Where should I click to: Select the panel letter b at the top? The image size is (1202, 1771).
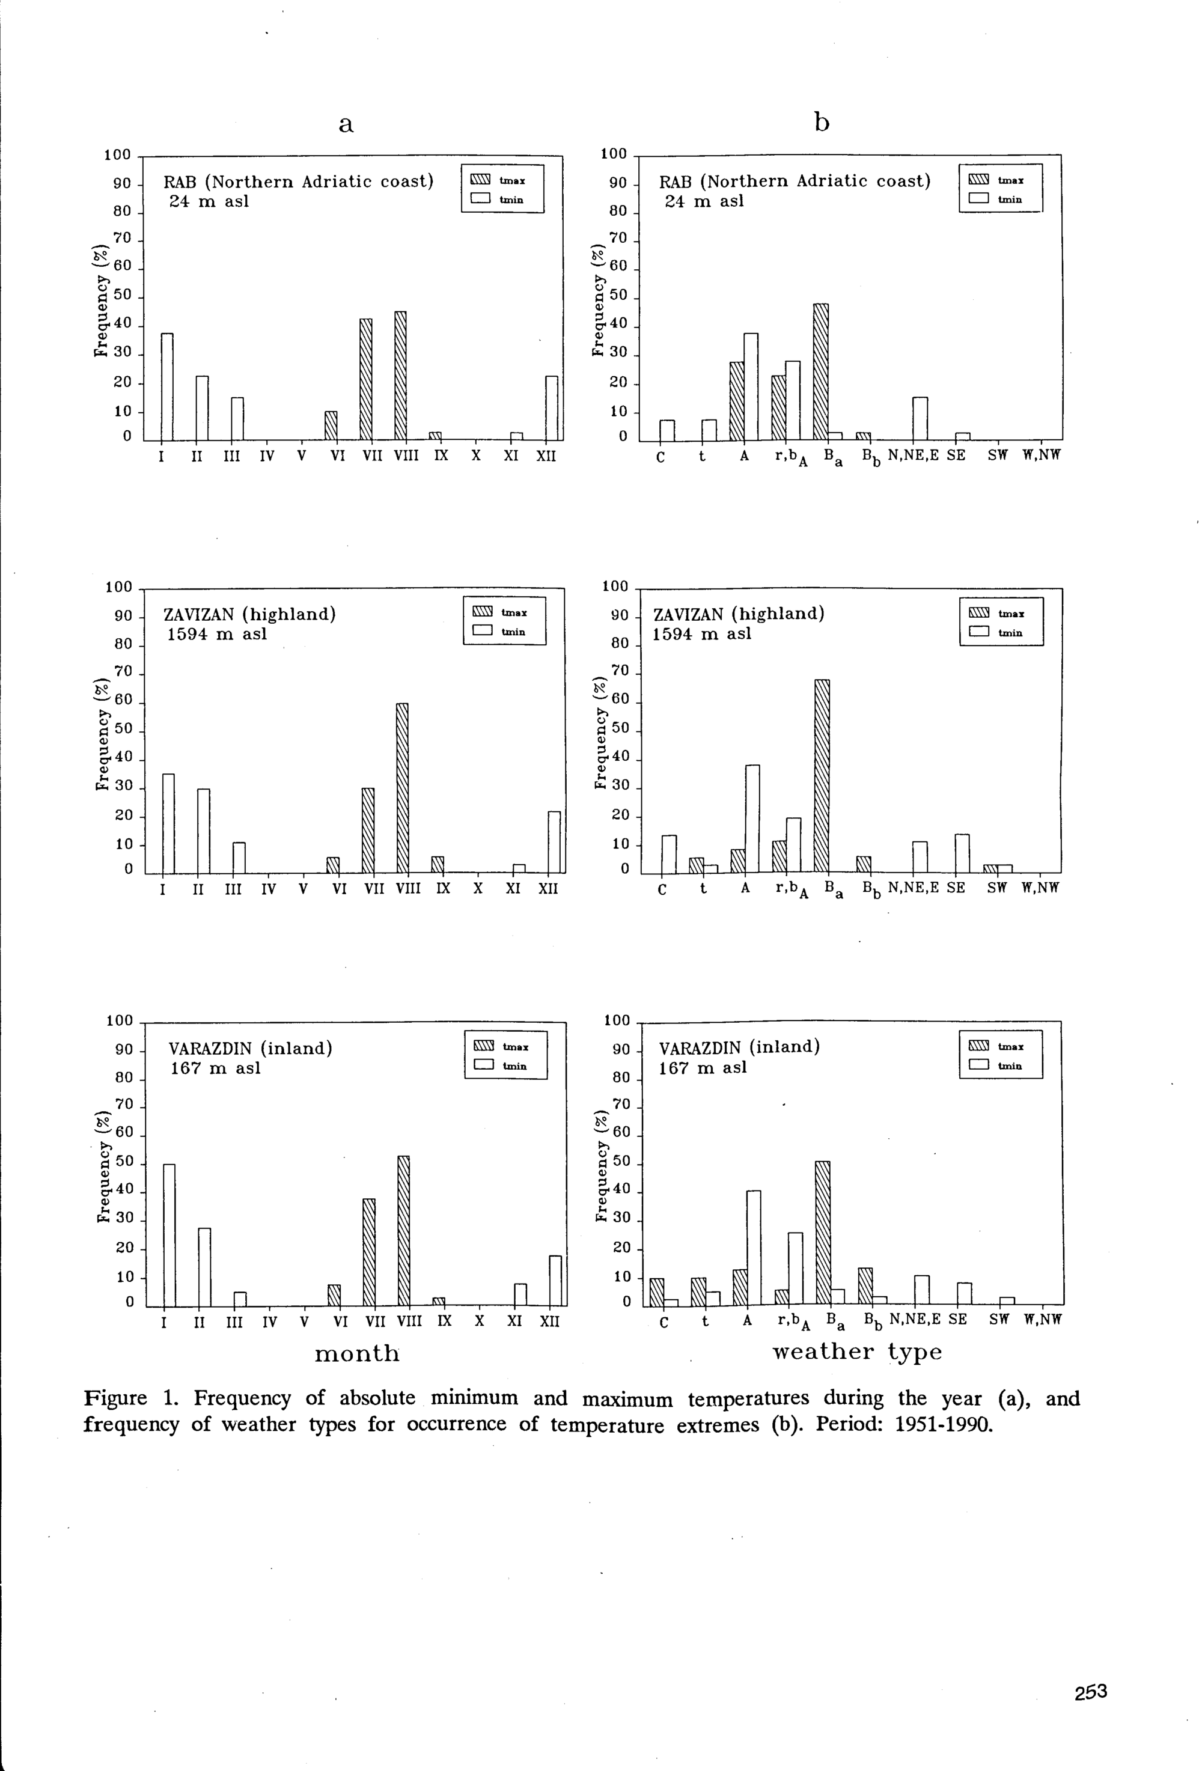tap(821, 122)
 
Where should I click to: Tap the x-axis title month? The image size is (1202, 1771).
tap(357, 1353)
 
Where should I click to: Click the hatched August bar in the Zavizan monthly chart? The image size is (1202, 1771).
tap(403, 788)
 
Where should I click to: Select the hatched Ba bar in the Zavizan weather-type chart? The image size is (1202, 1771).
tap(822, 775)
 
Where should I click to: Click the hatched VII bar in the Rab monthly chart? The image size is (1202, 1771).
tap(366, 380)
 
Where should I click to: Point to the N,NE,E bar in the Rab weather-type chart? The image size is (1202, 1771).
tap(920, 418)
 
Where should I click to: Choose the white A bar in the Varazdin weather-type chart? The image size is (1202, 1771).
tap(753, 1248)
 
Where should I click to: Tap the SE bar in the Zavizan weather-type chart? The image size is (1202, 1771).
tap(962, 853)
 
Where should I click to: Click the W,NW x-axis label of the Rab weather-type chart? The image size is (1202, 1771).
tap(1041, 456)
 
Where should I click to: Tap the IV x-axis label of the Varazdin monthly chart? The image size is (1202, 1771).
tap(270, 1322)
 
